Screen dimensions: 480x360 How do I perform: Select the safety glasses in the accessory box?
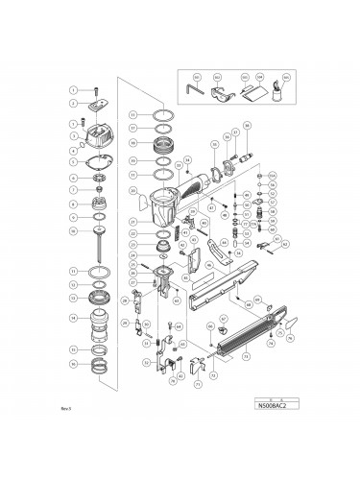pyautogui.click(x=228, y=94)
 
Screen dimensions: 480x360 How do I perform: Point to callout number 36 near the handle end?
pyautogui.click(x=247, y=127)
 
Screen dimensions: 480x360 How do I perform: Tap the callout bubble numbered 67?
pyautogui.click(x=224, y=318)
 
